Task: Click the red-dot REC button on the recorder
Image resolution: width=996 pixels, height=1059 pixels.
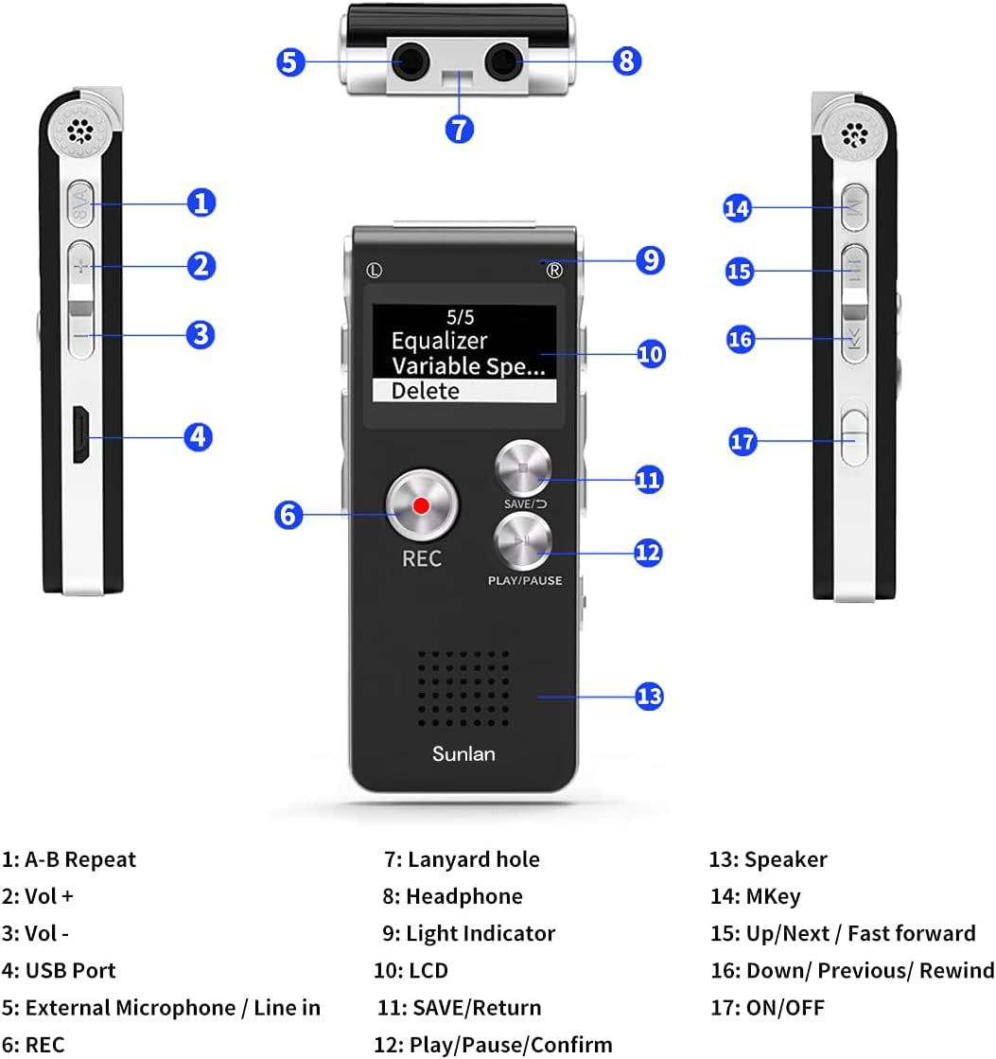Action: point(421,506)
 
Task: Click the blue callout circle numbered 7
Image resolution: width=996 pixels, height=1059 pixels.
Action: point(459,128)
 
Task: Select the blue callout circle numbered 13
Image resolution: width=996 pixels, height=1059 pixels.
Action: point(648,697)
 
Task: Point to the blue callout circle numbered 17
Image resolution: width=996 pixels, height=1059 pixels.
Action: point(743,441)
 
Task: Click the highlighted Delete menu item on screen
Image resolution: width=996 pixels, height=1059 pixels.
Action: point(463,391)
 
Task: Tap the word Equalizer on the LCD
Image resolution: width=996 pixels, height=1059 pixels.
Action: point(439,341)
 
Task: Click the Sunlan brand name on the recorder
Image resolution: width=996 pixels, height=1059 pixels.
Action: point(463,754)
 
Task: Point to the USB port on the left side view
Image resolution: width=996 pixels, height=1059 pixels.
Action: point(82,436)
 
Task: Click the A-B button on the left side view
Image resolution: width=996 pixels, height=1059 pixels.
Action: point(81,203)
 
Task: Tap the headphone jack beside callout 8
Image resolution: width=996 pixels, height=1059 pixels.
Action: point(502,62)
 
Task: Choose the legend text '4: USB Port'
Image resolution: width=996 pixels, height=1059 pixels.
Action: point(59,970)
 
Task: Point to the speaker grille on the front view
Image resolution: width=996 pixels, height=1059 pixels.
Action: point(463,687)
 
